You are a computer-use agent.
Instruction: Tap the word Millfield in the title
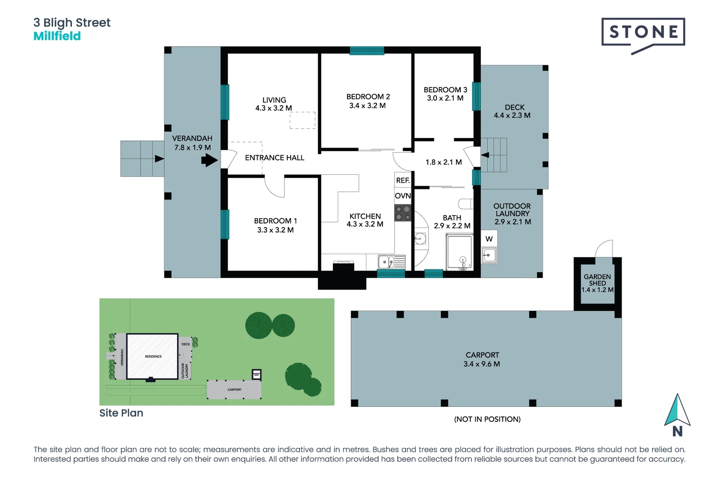(57, 36)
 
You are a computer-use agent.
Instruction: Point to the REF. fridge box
(403, 180)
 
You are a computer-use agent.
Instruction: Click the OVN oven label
(403, 196)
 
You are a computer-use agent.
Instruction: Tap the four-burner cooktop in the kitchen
(403, 213)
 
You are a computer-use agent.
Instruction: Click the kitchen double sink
(391, 262)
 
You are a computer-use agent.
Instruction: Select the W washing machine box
(489, 239)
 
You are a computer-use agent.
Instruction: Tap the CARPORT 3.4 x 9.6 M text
(482, 359)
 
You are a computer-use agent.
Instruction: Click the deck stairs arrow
(485, 155)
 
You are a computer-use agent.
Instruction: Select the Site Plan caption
(121, 413)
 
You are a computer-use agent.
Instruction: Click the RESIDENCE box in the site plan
(153, 356)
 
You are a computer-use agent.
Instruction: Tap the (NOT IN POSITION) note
(487, 419)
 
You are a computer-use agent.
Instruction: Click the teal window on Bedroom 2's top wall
(367, 51)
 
